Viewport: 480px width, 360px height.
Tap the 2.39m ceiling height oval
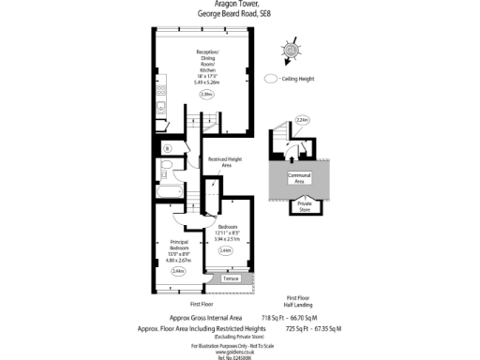pos(205,95)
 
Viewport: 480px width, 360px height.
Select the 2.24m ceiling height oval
pos(302,119)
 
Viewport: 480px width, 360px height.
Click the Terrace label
pos(231,279)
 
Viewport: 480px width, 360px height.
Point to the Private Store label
pos(305,204)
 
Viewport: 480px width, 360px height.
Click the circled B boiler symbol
pos(168,149)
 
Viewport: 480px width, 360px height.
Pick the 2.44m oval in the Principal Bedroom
pos(178,271)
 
